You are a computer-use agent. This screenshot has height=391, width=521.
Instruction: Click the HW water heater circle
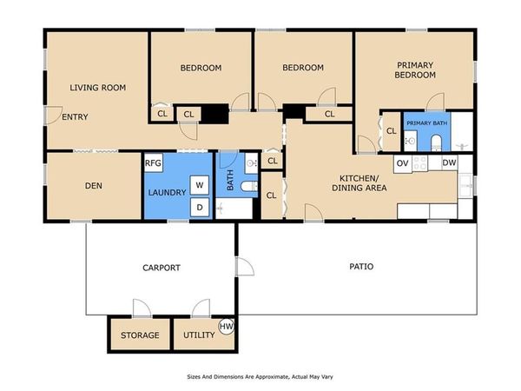tap(227, 326)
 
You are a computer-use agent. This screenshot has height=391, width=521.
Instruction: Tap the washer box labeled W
tap(200, 185)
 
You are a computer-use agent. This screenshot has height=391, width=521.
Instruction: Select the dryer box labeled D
tap(200, 207)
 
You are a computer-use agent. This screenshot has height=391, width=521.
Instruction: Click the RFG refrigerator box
tap(153, 163)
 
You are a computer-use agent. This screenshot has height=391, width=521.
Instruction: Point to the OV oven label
tap(402, 163)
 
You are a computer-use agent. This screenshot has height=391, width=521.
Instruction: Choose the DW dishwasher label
tap(449, 163)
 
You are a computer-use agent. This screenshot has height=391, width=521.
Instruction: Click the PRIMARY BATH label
tap(427, 123)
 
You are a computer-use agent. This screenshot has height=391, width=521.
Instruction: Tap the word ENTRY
tap(75, 117)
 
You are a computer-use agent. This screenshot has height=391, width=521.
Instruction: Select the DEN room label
tap(94, 186)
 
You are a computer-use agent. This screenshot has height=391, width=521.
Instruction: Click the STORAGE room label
tap(140, 335)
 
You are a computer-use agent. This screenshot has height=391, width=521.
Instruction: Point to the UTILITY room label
tap(199, 335)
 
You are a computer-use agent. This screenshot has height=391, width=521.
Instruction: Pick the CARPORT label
tap(162, 268)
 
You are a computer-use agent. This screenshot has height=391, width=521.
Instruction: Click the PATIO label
tap(361, 267)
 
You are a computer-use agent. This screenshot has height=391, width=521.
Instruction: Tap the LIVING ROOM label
tap(97, 88)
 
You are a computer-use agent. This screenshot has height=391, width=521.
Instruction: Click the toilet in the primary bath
tap(436, 143)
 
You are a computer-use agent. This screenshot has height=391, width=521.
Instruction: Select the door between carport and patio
tap(245, 267)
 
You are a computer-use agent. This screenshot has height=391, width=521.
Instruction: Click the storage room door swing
tap(142, 308)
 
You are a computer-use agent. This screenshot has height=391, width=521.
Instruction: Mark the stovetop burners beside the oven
tap(419, 163)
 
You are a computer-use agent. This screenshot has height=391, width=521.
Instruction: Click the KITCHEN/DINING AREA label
tap(359, 182)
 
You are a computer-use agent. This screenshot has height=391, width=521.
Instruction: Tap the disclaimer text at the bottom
tap(260, 377)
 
